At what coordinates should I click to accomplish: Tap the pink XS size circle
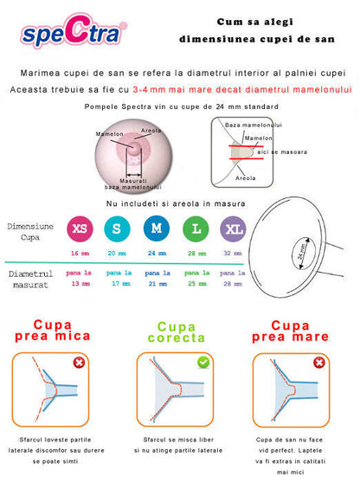click(80, 229)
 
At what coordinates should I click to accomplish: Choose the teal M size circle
click(157, 229)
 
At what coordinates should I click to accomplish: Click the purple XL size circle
click(232, 229)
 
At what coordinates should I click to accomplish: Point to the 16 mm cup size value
click(80, 254)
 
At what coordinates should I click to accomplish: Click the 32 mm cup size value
click(232, 254)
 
